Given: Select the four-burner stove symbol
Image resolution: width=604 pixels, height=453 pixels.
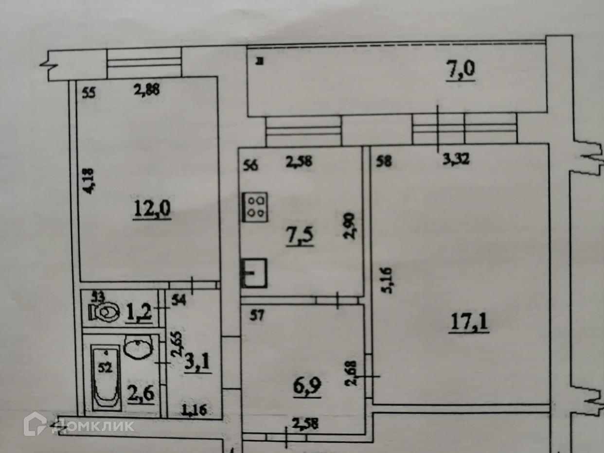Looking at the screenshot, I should (255, 207).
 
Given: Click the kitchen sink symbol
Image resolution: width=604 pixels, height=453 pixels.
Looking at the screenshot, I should (254, 273).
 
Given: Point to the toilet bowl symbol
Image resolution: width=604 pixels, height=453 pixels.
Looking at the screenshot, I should (105, 313).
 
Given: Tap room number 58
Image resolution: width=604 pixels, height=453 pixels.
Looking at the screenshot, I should (384, 162).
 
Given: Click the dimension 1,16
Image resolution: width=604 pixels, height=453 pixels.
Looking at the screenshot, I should (194, 410).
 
